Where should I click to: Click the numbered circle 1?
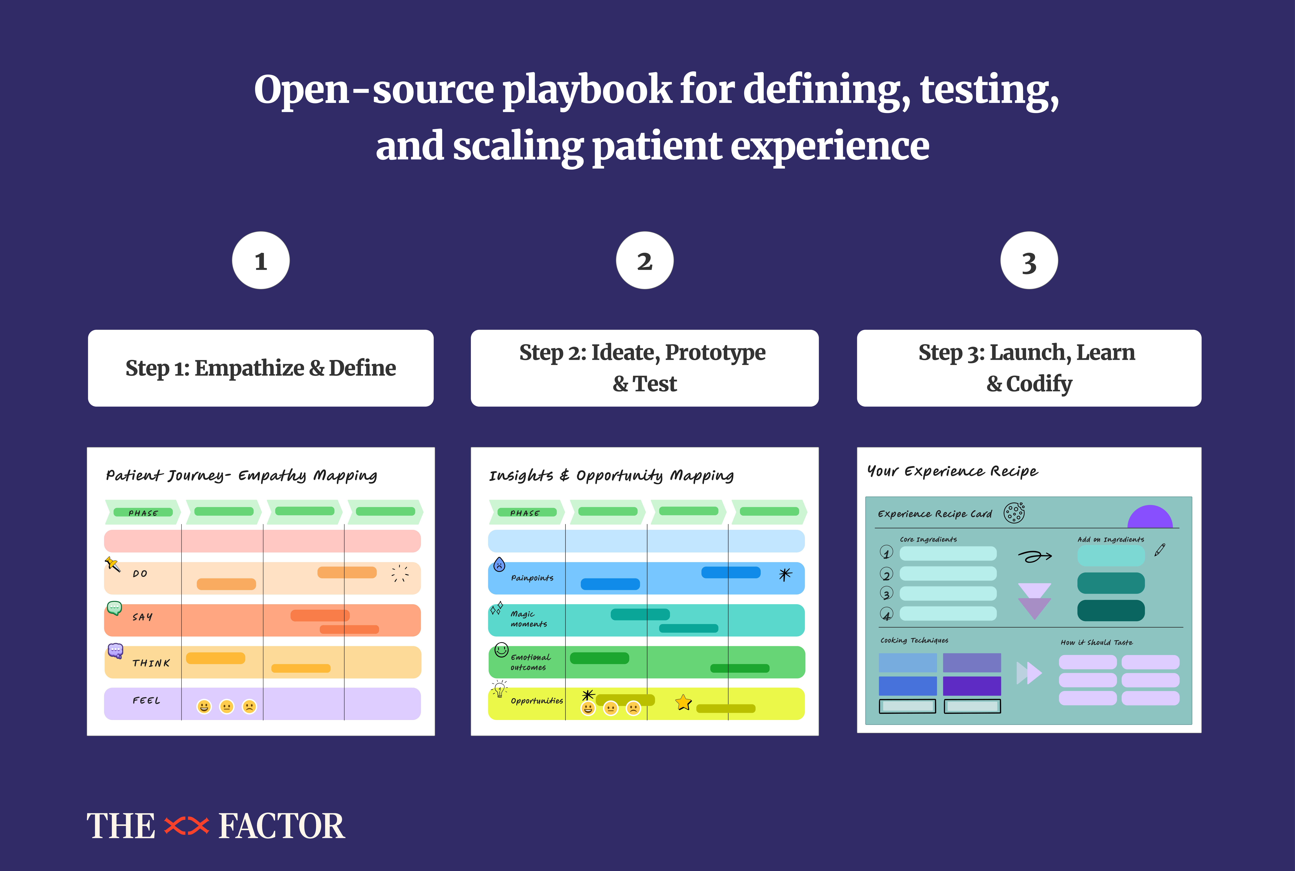pos(260,260)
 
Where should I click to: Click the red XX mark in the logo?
pos(187,826)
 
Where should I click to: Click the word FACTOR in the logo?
pos(282,826)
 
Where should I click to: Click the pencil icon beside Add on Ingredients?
pos(1159,550)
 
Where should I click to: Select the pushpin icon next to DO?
pos(112,564)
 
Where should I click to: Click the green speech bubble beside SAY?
pos(114,608)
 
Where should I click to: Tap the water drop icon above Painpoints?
pos(499,564)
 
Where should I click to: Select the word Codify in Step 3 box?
pos(1039,383)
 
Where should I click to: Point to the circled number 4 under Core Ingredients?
pos(886,614)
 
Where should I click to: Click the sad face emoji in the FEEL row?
pos(249,707)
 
